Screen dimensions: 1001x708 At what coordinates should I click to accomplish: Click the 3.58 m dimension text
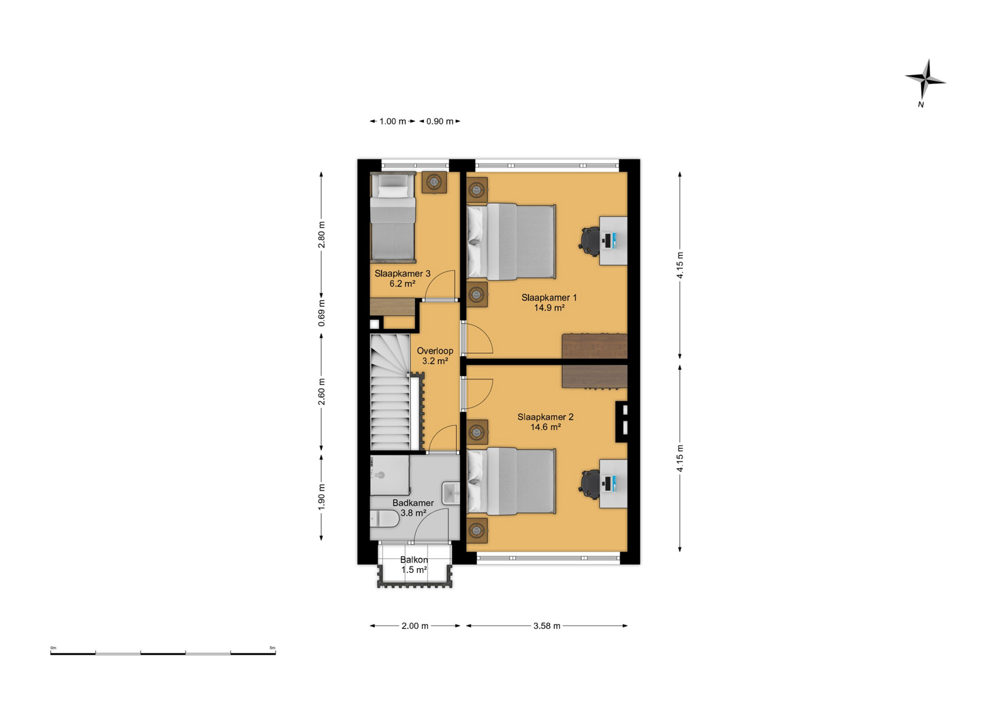[x=547, y=626]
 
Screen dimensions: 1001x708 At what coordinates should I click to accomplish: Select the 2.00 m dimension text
[x=415, y=626]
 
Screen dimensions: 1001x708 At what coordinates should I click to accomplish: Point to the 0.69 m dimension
[x=321, y=313]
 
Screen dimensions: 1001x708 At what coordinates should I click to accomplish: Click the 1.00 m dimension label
[x=393, y=121]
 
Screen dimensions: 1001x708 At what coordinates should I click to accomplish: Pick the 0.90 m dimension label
[x=440, y=121]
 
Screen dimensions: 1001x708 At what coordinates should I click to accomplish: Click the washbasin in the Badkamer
[x=451, y=493]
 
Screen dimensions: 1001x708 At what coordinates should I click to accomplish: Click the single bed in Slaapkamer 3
[x=393, y=217]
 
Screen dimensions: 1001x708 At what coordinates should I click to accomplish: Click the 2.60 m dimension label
[x=321, y=392]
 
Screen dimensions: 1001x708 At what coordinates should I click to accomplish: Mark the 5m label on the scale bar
[x=273, y=648]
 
